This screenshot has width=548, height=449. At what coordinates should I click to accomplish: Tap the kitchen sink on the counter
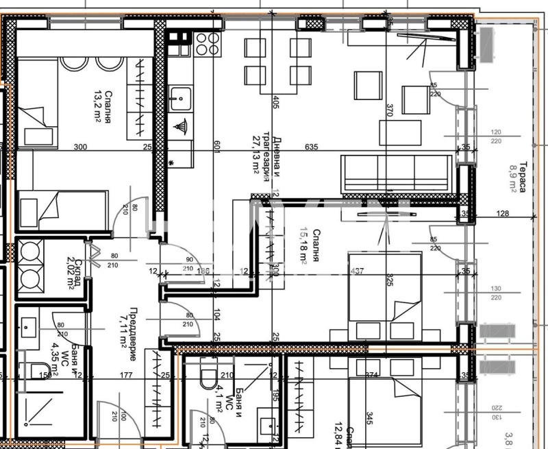click(181, 99)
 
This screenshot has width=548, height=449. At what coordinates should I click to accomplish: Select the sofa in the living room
click(397, 173)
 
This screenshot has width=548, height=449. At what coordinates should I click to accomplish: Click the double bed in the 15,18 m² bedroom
click(385, 297)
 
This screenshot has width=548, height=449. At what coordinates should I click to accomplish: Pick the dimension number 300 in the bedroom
click(80, 147)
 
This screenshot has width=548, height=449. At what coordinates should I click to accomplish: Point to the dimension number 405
click(276, 103)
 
